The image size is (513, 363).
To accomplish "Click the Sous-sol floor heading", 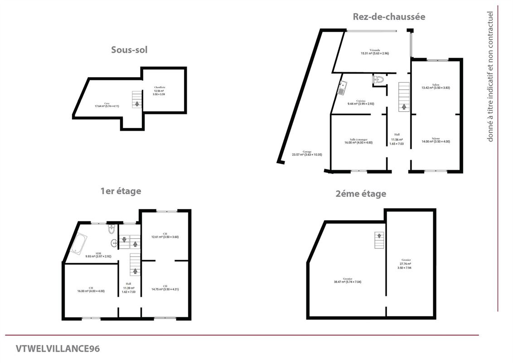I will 129,50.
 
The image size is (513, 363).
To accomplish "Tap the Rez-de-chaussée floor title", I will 389,17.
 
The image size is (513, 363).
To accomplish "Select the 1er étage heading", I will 121,191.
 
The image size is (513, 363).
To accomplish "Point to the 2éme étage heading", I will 361,194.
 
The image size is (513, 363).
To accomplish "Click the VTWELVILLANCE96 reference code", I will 58,348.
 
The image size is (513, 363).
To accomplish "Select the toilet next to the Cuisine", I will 378,80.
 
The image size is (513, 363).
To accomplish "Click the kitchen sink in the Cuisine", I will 342,87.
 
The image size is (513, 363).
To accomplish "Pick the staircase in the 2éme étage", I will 379,240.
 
